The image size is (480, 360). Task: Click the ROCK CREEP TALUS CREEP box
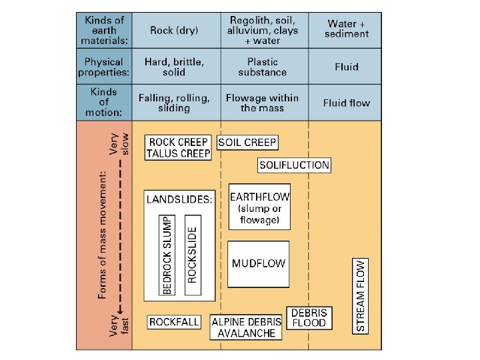tap(178, 147)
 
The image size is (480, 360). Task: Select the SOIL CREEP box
tap(247, 142)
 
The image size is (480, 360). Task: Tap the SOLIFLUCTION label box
tap(294, 165)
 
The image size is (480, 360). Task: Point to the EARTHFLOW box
tap(259, 207)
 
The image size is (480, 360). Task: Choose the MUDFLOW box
tap(259, 263)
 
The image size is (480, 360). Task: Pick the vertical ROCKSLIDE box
tap(193, 254)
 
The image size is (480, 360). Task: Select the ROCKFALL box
tap(174, 322)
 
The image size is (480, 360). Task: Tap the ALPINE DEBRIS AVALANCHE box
tap(247, 327)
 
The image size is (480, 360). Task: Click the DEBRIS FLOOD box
tap(309, 317)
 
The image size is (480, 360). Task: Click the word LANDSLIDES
tap(179, 199)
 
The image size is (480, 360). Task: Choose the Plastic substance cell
tap(262, 67)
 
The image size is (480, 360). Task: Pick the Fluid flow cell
tap(345, 103)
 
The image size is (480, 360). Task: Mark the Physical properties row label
tap(104, 67)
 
